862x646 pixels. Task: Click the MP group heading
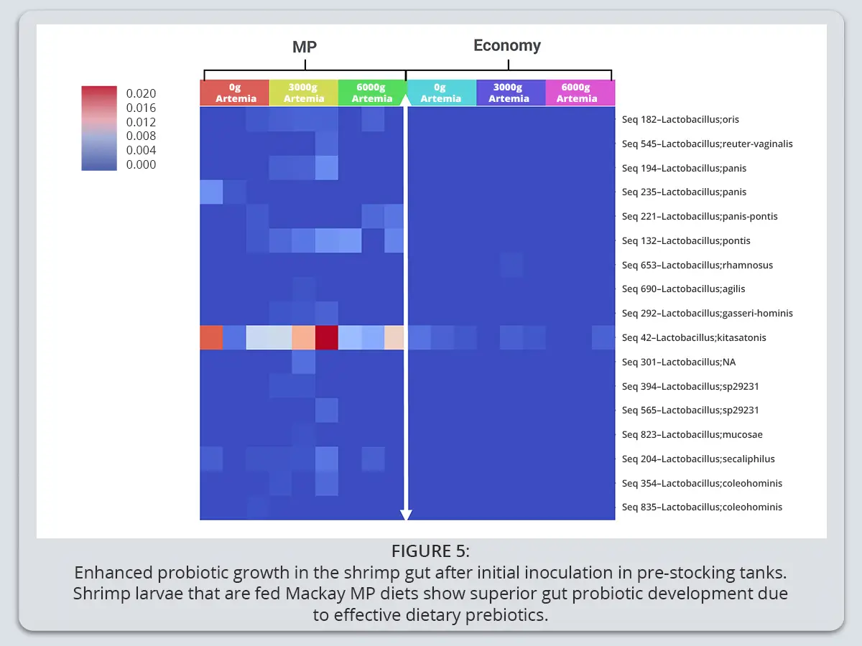coord(305,47)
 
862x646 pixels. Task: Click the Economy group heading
coord(507,45)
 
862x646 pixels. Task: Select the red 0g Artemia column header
coord(235,93)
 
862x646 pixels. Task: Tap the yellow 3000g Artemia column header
coord(304,93)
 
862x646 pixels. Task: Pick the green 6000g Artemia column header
coord(371,93)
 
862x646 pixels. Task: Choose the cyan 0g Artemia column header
coord(441,93)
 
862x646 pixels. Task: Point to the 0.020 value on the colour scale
coord(141,93)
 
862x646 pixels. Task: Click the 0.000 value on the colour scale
coord(141,164)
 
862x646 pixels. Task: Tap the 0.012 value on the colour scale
coord(141,122)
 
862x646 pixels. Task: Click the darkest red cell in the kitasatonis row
coord(326,337)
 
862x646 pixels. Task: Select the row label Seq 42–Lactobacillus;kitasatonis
coord(693,337)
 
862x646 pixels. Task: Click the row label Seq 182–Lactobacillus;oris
coord(680,119)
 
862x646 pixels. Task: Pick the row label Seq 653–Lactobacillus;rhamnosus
coord(697,265)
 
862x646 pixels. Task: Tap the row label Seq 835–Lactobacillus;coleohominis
coord(702,507)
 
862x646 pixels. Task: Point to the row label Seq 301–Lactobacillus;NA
coord(679,362)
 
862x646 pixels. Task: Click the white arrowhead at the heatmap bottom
coord(406,515)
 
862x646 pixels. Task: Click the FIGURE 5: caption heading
coord(430,551)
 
